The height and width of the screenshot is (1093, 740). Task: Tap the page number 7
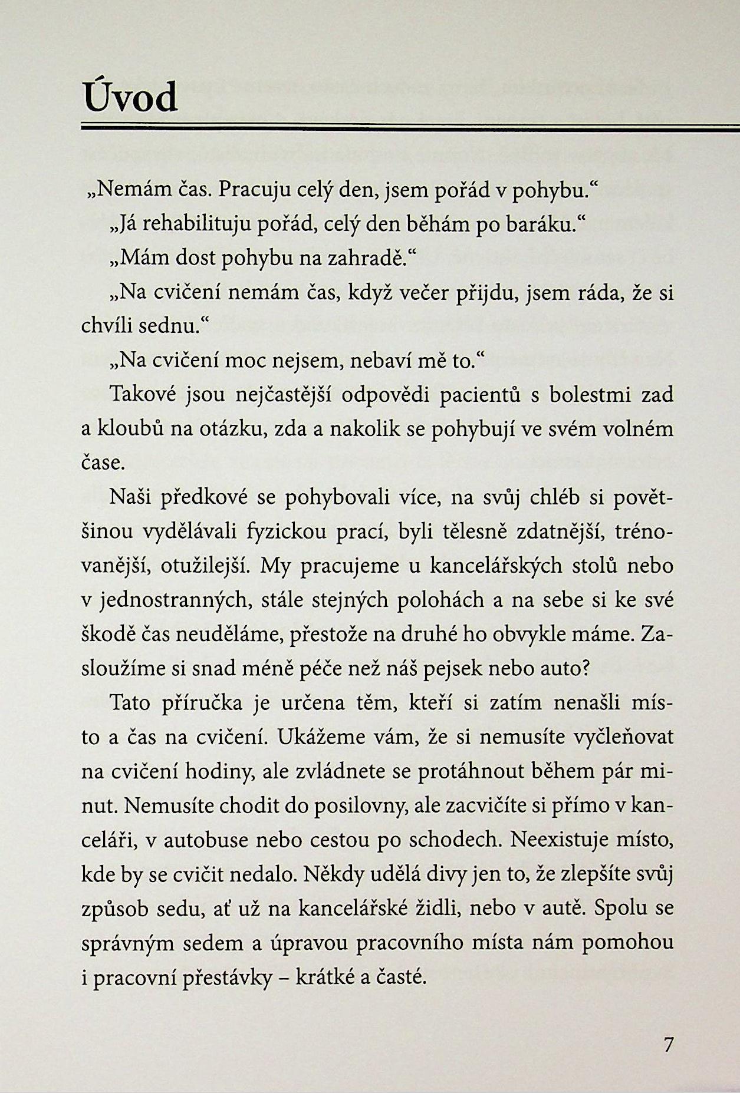pos(667,1045)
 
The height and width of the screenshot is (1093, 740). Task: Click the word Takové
pos(143,395)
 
